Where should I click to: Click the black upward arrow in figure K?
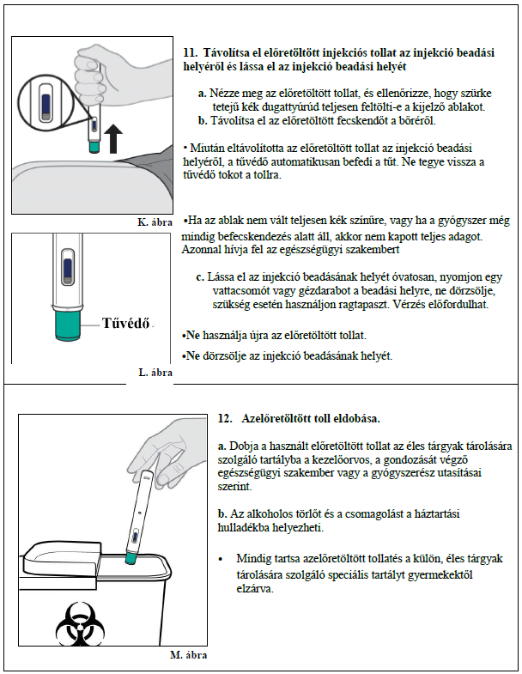pyautogui.click(x=113, y=139)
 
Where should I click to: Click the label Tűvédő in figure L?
pyautogui.click(x=125, y=323)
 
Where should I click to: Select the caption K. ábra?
pyautogui.click(x=155, y=222)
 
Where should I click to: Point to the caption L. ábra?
pyautogui.click(x=155, y=373)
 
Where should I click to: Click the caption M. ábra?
pyautogui.click(x=189, y=655)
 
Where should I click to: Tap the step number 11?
pyautogui.click(x=190, y=53)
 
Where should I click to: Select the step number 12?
pyautogui.click(x=225, y=419)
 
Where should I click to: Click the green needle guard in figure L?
pyautogui.click(x=68, y=325)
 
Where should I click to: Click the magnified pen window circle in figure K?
pyautogui.click(x=46, y=102)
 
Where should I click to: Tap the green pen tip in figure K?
pyautogui.click(x=94, y=147)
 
